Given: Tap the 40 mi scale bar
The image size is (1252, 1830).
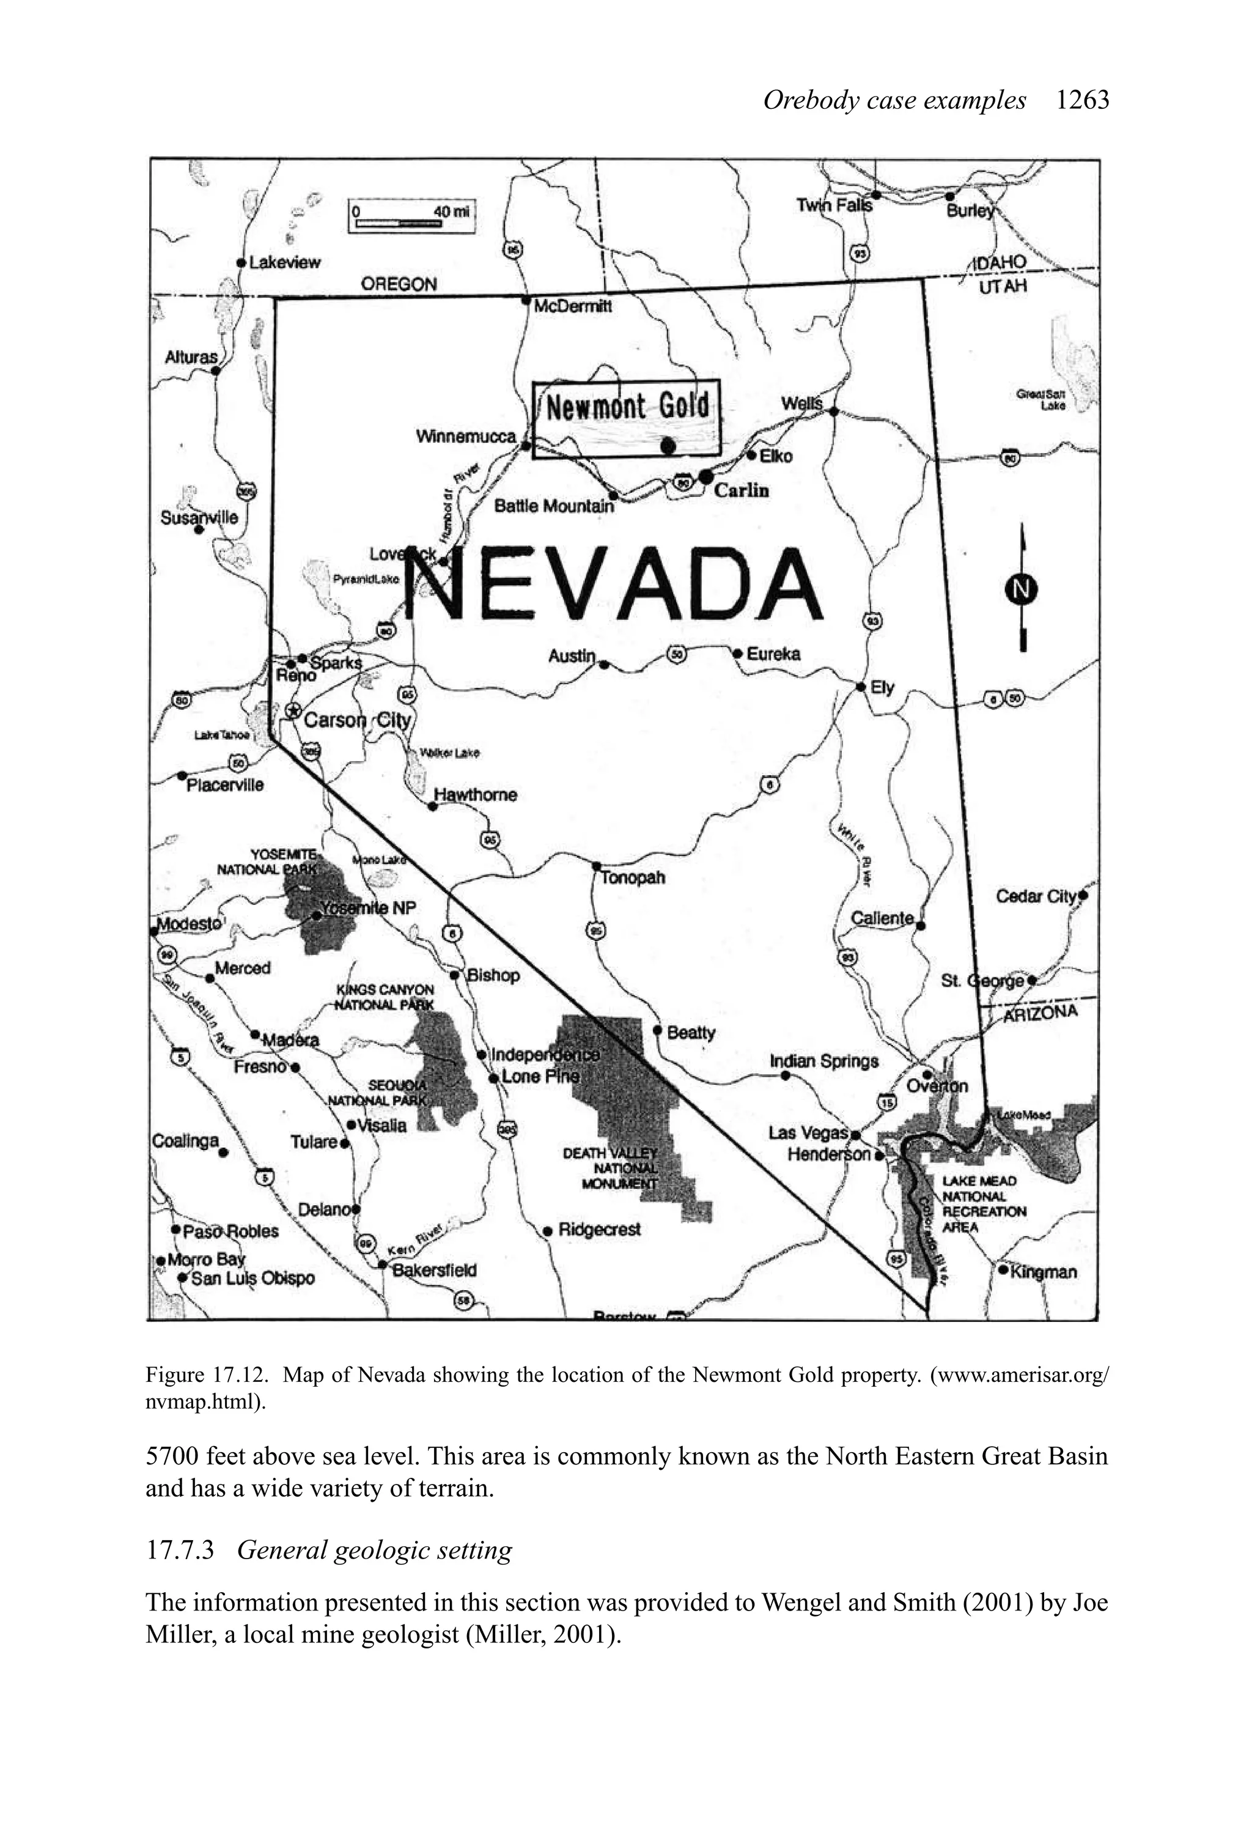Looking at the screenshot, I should pos(412,217).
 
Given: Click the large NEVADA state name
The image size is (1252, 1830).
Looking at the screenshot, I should pos(618,586).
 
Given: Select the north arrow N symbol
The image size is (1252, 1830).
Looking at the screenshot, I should pos(1022,589).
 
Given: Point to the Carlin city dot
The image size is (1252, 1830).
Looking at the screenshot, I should pos(706,476).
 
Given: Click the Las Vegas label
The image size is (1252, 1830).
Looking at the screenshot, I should pos(808,1133).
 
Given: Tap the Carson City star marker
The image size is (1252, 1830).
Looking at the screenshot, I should pos(293,711).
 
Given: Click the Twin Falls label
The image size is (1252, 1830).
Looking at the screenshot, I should pos(834,205).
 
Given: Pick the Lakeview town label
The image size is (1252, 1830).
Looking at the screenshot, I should pos(284,262).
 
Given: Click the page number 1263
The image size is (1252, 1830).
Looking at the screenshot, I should pos(1083,101).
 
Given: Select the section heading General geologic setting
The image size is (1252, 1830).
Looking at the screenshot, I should pos(374,1550).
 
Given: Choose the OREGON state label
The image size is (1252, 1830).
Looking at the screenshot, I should pos(399,284).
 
